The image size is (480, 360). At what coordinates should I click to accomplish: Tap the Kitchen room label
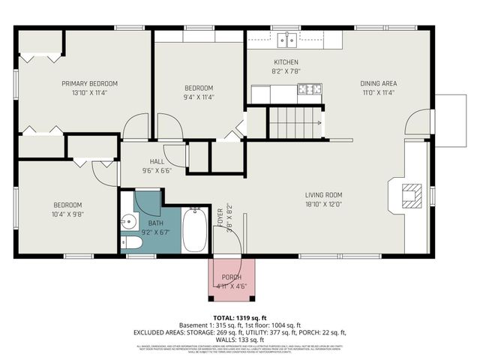tap(286, 61)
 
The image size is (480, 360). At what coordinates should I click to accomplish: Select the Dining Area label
tap(378, 83)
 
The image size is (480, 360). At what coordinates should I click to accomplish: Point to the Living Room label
tap(323, 193)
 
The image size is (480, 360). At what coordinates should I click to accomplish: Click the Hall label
tap(157, 160)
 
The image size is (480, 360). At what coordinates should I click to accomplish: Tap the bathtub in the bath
tap(194, 231)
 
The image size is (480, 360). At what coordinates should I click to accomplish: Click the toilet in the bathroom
tap(130, 244)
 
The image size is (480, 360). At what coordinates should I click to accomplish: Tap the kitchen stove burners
tap(308, 91)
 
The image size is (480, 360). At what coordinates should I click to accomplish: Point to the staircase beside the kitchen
tap(295, 122)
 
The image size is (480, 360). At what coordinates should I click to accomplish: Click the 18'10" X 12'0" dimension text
tap(323, 202)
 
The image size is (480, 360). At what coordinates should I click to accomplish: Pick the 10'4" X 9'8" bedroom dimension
tap(67, 214)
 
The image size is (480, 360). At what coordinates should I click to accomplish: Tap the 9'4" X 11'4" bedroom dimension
tap(199, 97)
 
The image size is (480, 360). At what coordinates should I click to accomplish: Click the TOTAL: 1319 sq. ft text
tap(239, 318)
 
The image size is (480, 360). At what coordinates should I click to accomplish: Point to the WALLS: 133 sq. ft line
tap(239, 339)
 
